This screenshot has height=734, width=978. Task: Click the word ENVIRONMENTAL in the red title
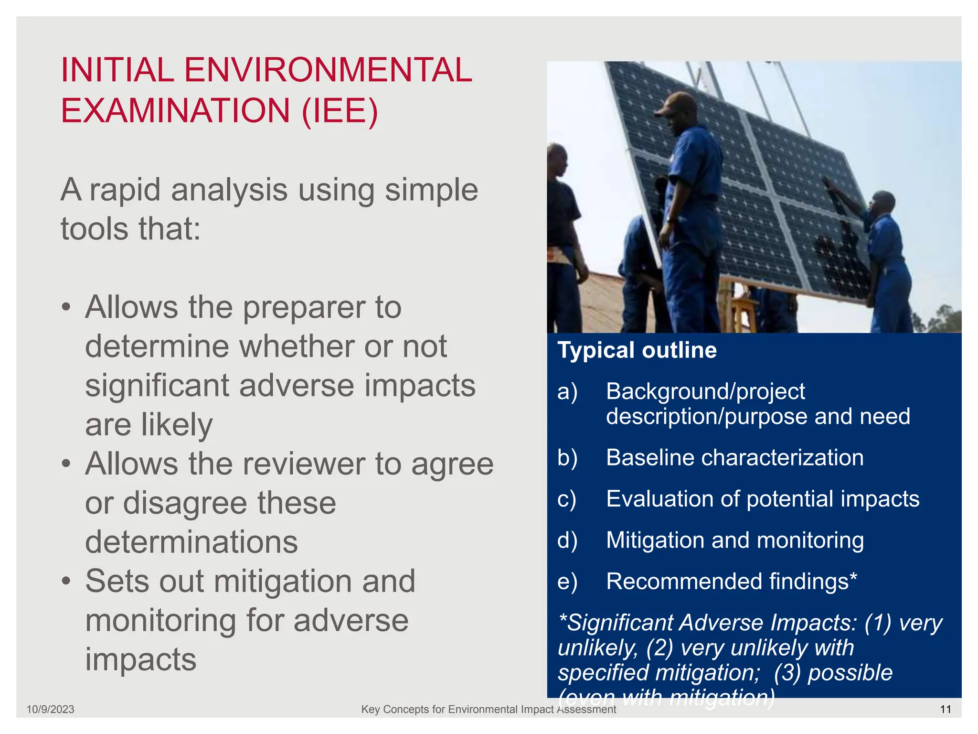coord(328,70)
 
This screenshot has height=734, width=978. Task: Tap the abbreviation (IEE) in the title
coord(340,111)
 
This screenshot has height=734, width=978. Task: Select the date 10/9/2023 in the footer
coord(50,709)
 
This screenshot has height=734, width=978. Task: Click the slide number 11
coord(946,709)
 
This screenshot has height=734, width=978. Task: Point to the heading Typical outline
coord(637,350)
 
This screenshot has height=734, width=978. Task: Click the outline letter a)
coord(567,391)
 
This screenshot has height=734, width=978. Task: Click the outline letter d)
coord(567,540)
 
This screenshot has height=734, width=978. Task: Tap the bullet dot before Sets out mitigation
coord(66,581)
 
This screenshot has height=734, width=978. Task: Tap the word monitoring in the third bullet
coord(160,621)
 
